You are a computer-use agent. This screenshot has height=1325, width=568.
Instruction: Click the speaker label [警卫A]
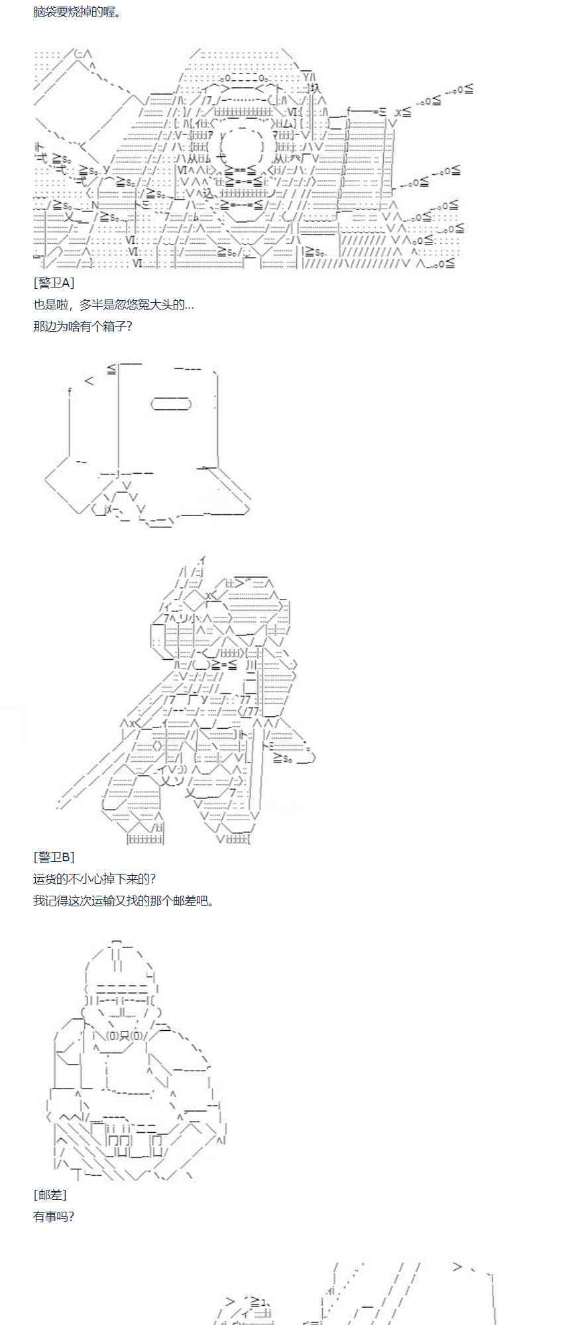point(54,283)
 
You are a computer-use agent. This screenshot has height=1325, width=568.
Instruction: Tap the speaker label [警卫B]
point(54,857)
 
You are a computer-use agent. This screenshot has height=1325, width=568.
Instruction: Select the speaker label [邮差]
point(50,1194)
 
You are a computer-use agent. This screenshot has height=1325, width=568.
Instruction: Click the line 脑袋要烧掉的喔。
point(78,13)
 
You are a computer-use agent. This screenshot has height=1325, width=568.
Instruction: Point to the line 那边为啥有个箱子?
point(82,326)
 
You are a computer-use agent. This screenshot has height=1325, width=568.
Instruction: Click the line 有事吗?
point(54,1216)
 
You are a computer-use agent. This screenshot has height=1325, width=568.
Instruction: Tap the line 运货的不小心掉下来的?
point(95,879)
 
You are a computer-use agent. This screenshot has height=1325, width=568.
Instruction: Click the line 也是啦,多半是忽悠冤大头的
point(113,305)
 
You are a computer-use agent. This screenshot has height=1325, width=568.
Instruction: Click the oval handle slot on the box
point(171,403)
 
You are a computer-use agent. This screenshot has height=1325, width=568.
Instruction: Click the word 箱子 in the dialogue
point(111,326)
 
